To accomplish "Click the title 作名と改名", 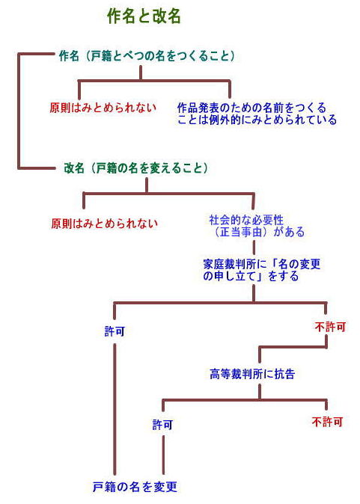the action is [x=144, y=16].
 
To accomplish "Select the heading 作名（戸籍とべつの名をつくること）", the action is [x=147, y=56].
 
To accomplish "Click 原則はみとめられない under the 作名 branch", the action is [x=103, y=108].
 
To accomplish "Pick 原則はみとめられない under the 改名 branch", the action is [x=105, y=224].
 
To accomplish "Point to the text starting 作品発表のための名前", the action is [x=257, y=114].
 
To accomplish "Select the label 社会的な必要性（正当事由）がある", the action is [x=257, y=226].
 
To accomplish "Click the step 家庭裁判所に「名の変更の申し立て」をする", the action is [x=262, y=270].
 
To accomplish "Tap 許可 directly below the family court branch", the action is [x=115, y=331].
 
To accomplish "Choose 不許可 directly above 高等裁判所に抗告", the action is [x=330, y=328].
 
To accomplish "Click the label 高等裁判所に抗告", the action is [x=252, y=374].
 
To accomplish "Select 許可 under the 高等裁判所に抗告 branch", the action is [x=162, y=425].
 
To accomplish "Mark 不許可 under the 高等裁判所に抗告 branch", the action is [x=327, y=422].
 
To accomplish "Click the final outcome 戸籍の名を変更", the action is [x=135, y=487].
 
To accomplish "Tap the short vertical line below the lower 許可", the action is [x=163, y=455].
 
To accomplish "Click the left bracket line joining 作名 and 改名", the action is [x=19, y=111].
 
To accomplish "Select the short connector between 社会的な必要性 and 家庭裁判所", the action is [x=254, y=248].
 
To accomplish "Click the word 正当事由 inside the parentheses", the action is [x=241, y=232].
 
